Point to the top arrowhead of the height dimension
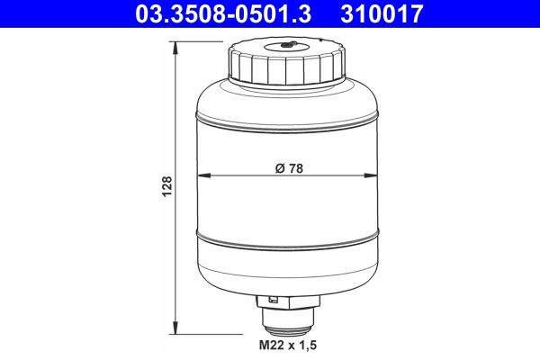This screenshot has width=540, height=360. pyautogui.click(x=176, y=42)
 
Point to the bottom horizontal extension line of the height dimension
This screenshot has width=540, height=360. pyautogui.click(x=216, y=333)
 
